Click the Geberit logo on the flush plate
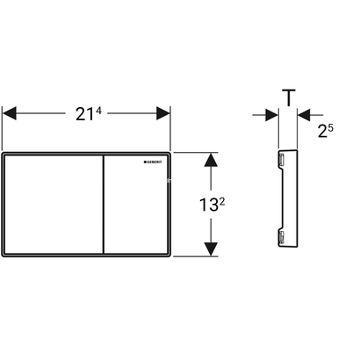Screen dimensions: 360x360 [x=155, y=162]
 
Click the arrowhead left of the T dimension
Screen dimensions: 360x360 [x=270, y=114]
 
